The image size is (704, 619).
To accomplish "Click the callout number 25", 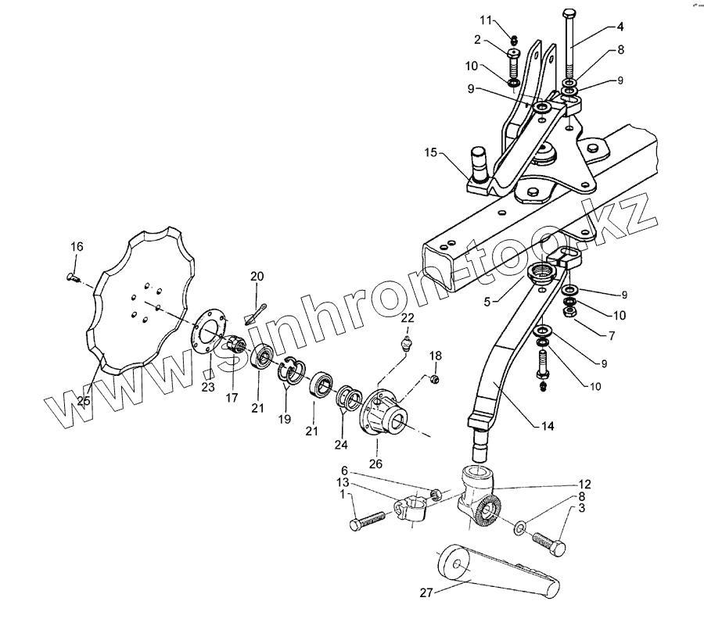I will pyautogui.click(x=84, y=401).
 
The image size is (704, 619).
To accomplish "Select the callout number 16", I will pyautogui.click(x=76, y=247).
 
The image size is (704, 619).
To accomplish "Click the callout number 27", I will pyautogui.click(x=425, y=593).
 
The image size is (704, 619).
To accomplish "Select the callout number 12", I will pyautogui.click(x=585, y=484).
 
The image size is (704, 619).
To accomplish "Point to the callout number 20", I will pyautogui.click(x=258, y=276).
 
